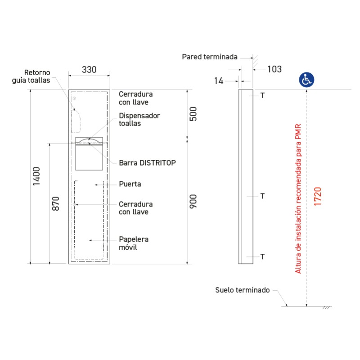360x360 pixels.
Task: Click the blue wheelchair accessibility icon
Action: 306,80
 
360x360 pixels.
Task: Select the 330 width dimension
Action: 89,70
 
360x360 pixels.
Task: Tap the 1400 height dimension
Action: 36,176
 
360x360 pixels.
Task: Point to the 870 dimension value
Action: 55,203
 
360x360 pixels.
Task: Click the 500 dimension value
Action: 193,114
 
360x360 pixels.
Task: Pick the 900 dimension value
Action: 193,201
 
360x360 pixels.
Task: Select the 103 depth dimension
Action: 274,69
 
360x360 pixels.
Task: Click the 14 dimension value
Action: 219,81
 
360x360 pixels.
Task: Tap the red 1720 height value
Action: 318,196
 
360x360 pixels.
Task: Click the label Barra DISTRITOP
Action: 148,163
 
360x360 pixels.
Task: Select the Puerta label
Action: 130,184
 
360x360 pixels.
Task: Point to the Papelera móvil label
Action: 134,243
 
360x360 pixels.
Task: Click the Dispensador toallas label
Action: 139,119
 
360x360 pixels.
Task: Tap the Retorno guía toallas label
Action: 31,76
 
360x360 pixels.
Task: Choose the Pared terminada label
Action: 210,57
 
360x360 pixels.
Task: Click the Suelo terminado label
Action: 243,290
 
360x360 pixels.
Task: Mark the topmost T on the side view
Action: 262,95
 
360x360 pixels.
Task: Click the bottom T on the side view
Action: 262,256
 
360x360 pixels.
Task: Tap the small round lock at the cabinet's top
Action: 74,98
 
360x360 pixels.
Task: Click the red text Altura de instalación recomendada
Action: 298,207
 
